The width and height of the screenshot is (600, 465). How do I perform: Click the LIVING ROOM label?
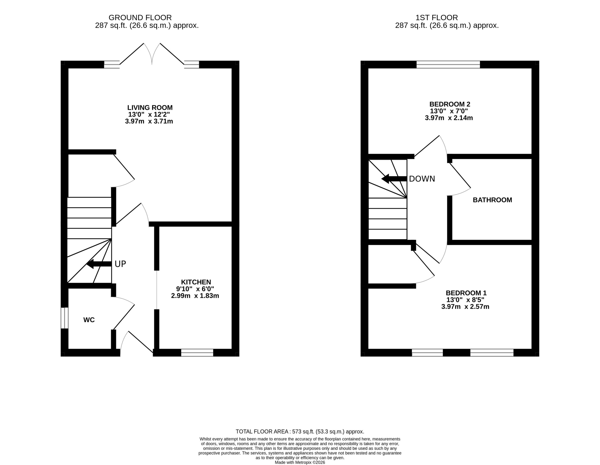tap(150, 108)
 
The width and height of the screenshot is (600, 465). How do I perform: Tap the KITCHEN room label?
tap(196, 282)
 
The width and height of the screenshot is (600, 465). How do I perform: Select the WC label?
tap(89, 320)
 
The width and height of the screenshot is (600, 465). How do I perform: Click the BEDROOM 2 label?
tap(450, 104)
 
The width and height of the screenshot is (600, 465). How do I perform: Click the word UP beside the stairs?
tap(120, 264)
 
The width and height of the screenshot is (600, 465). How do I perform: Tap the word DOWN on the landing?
tap(422, 179)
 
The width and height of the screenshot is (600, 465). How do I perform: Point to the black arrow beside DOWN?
tap(394, 179)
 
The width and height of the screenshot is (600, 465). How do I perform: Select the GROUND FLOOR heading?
tap(140, 18)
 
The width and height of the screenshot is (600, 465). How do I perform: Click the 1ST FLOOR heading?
tap(437, 18)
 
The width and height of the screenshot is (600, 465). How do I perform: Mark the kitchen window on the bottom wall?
tap(197, 353)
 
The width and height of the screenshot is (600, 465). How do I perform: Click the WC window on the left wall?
tap(64, 318)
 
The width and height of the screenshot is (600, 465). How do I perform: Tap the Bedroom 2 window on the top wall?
tap(448, 65)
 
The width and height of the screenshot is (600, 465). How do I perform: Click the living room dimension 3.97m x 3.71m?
tap(149, 121)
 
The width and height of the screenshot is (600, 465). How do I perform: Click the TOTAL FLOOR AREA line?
tap(300, 432)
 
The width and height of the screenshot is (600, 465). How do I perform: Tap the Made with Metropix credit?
tap(300, 462)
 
